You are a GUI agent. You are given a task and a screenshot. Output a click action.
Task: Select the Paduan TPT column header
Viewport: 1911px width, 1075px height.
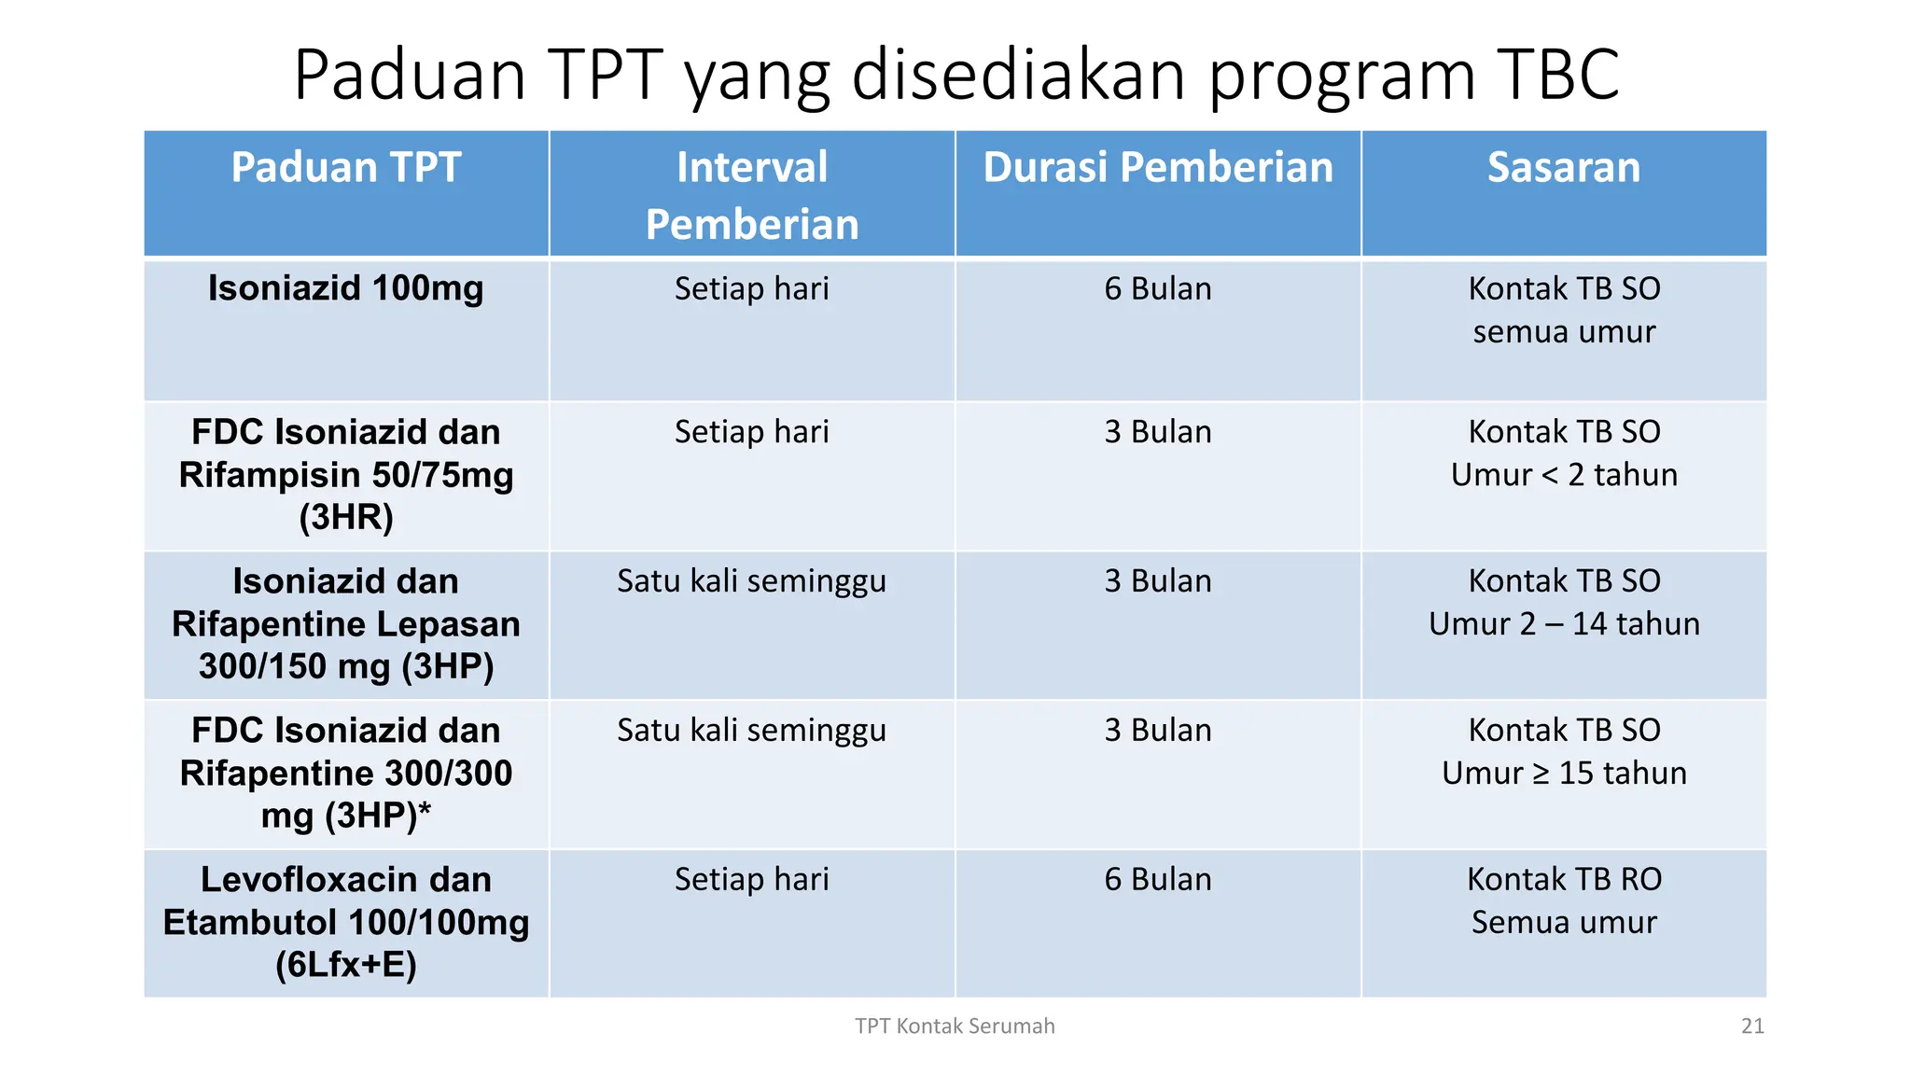[x=346, y=168]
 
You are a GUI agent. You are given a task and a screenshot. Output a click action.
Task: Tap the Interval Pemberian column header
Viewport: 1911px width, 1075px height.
[x=752, y=195]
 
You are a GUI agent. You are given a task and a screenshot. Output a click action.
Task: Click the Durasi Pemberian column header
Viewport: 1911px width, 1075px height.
[x=1158, y=168]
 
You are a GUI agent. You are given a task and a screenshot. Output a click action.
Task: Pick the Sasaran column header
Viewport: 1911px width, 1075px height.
[x=1564, y=168]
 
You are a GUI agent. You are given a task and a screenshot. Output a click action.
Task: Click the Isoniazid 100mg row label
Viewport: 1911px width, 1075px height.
[x=346, y=288]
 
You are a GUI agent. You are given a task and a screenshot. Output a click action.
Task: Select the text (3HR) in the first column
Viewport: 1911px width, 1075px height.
[x=346, y=517]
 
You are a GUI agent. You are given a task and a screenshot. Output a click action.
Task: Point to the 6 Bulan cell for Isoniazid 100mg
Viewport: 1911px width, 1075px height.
[x=1158, y=289]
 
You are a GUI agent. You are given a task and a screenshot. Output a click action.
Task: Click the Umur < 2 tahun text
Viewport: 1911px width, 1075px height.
[x=1564, y=475]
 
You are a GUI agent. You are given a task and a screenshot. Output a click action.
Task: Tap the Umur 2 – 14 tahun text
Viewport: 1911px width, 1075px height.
[x=1564, y=624]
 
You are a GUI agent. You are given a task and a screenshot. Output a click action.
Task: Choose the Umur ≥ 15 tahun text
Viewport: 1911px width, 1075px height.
[x=1564, y=774]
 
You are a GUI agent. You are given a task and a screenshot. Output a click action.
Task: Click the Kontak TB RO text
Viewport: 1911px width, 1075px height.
[x=1564, y=879]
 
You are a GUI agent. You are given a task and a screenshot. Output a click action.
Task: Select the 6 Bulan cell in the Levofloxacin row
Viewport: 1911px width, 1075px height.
[x=1158, y=879]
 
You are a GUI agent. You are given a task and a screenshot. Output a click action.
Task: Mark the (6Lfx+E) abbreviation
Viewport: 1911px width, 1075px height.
[x=346, y=965]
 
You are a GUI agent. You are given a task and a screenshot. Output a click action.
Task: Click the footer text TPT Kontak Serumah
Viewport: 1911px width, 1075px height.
[x=955, y=1026]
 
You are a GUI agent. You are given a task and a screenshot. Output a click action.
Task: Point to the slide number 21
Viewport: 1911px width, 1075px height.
[x=1752, y=1026]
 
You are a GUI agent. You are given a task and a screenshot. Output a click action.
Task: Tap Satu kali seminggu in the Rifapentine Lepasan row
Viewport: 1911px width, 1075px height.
[x=752, y=581]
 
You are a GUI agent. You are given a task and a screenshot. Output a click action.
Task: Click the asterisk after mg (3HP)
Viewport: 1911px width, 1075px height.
[x=425, y=810]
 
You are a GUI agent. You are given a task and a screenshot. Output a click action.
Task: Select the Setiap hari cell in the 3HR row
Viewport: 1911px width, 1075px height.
[x=752, y=432]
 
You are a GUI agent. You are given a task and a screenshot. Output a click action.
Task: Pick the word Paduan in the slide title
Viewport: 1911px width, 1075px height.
[x=411, y=75]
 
